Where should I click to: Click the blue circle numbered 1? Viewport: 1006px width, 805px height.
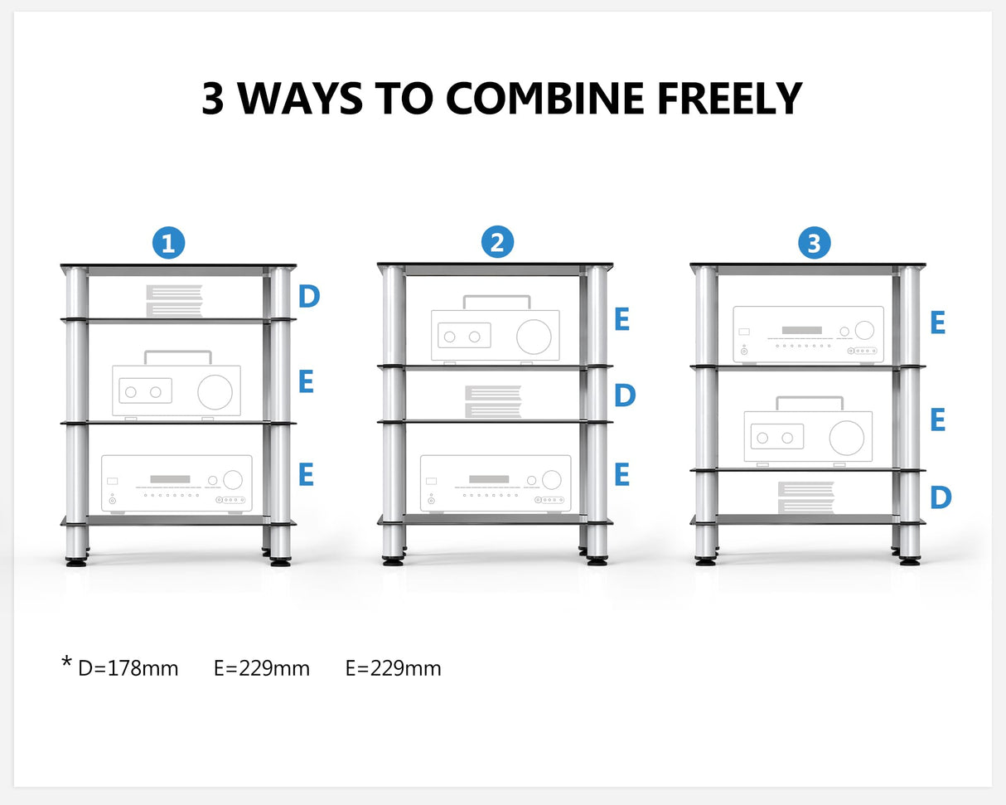(x=168, y=244)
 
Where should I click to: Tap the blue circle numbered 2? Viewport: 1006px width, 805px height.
(x=497, y=243)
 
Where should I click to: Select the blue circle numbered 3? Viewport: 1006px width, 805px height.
(x=814, y=244)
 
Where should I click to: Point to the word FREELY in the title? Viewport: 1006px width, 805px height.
(x=729, y=99)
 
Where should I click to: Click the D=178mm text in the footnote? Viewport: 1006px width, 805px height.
(x=128, y=668)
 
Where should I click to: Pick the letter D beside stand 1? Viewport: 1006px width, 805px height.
(x=308, y=297)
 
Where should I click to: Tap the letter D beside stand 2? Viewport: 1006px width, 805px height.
(x=624, y=395)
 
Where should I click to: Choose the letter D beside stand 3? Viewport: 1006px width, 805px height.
(x=940, y=497)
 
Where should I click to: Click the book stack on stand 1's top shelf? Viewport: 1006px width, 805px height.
(x=174, y=301)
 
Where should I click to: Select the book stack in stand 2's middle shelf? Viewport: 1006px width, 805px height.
(x=492, y=402)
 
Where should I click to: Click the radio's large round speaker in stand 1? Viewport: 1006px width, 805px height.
(x=215, y=392)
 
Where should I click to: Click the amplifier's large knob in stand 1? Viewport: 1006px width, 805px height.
(x=233, y=480)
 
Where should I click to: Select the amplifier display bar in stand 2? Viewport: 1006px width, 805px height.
(x=489, y=479)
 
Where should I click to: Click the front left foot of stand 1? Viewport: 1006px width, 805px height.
(x=76, y=561)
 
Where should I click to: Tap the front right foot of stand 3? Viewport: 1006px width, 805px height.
(x=910, y=561)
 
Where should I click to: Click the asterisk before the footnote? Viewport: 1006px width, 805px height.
(x=66, y=663)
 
